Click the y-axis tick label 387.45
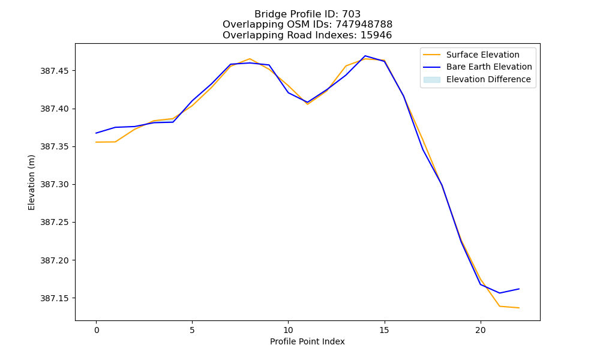click(55, 71)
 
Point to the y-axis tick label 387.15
click(55, 298)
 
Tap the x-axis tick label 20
click(480, 330)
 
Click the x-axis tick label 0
click(97, 330)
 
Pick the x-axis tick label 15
click(384, 330)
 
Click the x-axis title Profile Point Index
click(307, 341)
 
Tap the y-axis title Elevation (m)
click(31, 182)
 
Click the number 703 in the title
click(351, 14)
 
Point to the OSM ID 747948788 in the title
click(364, 25)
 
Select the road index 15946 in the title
click(376, 35)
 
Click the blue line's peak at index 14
click(365, 56)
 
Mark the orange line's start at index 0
click(96, 142)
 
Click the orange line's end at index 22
click(519, 308)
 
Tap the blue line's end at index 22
click(519, 289)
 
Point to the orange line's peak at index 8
click(250, 59)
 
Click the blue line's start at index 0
click(96, 133)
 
